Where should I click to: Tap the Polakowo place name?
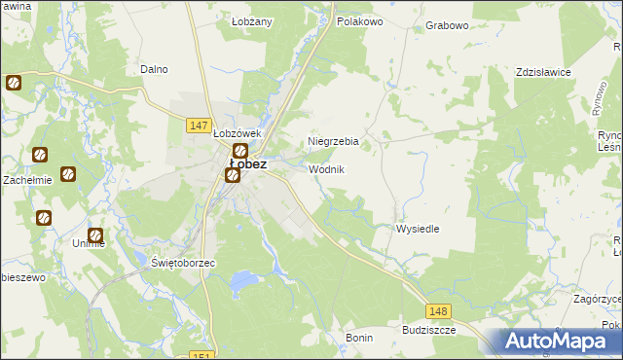point(359,20)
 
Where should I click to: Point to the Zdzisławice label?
point(543,73)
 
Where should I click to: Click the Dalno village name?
point(154,69)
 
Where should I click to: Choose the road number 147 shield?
point(199,126)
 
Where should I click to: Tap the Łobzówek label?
point(238,133)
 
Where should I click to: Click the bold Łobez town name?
point(247,164)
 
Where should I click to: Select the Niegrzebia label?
point(333,141)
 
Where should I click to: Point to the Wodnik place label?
point(326,169)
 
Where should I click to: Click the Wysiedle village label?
point(418,229)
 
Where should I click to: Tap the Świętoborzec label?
point(183,264)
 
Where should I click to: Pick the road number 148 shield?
point(438,310)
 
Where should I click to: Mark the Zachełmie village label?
point(26,180)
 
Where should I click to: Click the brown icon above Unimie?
point(95,235)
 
